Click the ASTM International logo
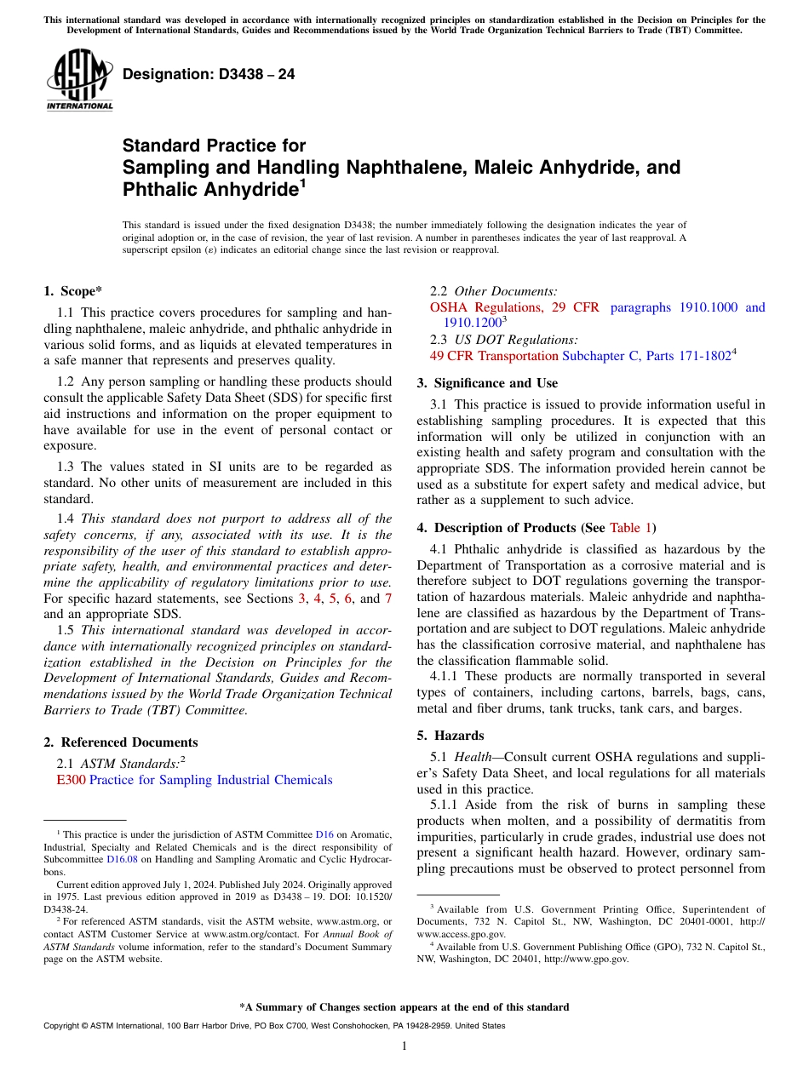click(79, 81)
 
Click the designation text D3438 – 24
click(209, 75)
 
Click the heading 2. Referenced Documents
click(120, 742)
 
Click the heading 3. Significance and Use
click(487, 383)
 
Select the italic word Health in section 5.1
click(472, 757)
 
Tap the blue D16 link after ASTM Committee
click(324, 834)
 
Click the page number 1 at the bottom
click(404, 1046)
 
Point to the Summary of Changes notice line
click(404, 1007)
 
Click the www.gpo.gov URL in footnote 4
click(586, 959)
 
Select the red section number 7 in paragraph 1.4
click(388, 599)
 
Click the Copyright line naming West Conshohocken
click(273, 1026)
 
